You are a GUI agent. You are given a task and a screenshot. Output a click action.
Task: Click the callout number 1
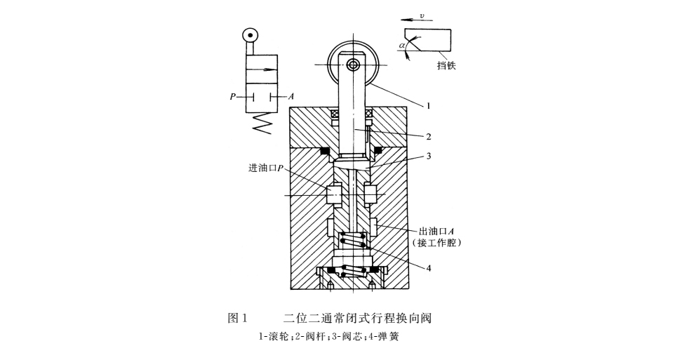[427, 106]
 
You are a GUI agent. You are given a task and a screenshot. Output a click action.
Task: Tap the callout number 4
[427, 267]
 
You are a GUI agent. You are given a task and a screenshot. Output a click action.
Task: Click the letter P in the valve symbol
[232, 96]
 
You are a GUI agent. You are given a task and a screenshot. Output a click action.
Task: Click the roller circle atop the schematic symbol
[250, 35]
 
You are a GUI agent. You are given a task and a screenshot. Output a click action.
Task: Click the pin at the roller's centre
[353, 65]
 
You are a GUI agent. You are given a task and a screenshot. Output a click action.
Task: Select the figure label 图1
[240, 318]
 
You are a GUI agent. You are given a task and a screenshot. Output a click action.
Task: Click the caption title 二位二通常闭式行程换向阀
[356, 318]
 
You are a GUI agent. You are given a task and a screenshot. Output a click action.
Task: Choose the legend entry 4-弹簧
[382, 336]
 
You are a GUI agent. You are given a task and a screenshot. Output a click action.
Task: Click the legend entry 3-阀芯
[346, 336]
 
